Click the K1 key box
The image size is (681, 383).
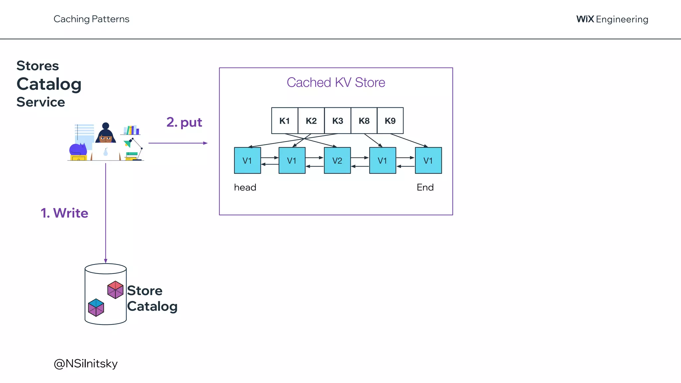click(x=285, y=121)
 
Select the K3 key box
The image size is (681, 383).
click(x=338, y=121)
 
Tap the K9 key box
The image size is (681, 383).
click(x=390, y=121)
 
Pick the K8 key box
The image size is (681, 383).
click(x=364, y=121)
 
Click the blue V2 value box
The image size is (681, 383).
click(x=337, y=161)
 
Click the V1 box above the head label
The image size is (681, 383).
click(x=247, y=161)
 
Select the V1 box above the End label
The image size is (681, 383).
click(x=428, y=161)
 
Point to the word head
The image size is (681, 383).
click(x=245, y=188)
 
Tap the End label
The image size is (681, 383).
click(x=425, y=188)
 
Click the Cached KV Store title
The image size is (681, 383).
click(x=336, y=82)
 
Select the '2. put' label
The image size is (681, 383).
click(x=184, y=122)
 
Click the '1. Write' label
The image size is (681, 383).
click(x=65, y=213)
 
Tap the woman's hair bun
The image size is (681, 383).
click(x=105, y=126)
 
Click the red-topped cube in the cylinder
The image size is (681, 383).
click(x=115, y=290)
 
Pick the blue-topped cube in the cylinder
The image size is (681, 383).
click(x=96, y=307)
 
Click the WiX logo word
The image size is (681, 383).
click(x=585, y=19)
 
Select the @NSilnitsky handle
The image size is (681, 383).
click(x=86, y=364)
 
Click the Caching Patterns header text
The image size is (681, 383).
click(x=91, y=19)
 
